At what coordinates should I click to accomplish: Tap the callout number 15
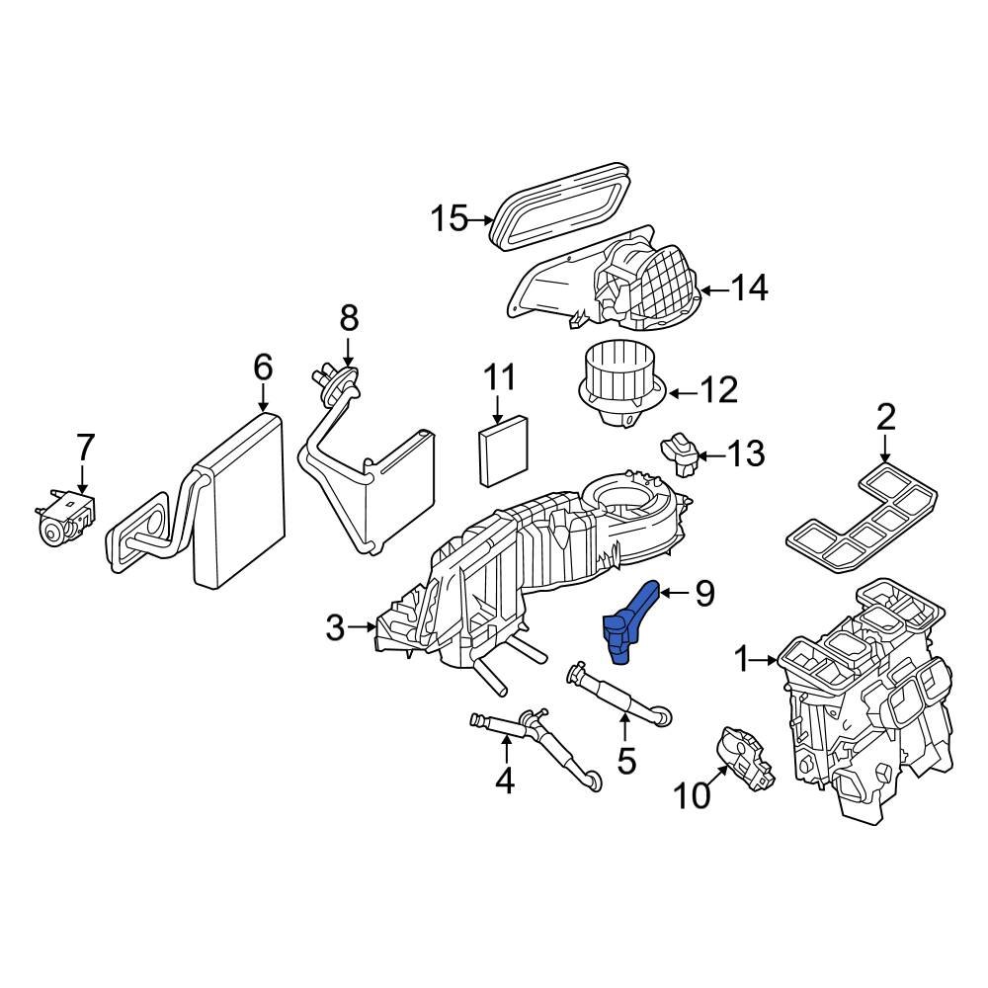tap(449, 217)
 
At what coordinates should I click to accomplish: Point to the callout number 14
tap(749, 288)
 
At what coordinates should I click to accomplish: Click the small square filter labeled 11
tap(505, 452)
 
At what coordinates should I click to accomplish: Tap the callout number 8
tap(349, 318)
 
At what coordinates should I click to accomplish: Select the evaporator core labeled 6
tap(238, 499)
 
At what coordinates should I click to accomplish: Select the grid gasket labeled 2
tap(860, 519)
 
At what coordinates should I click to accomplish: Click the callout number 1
tap(742, 657)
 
